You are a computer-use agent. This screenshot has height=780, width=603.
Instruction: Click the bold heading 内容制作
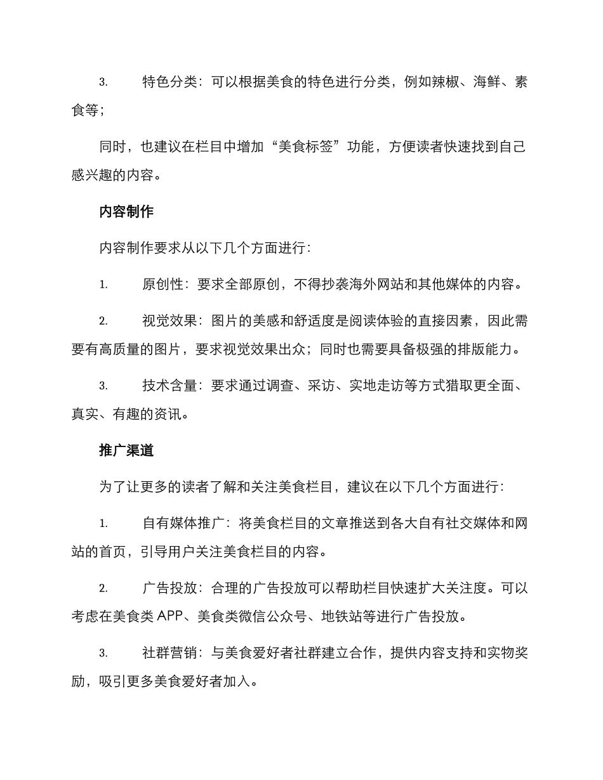pos(126,212)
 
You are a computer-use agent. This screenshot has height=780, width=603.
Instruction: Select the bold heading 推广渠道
pos(126,451)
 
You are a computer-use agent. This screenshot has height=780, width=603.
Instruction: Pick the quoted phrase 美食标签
pos(306,147)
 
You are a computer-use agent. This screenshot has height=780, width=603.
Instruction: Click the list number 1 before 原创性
pos(103,285)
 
